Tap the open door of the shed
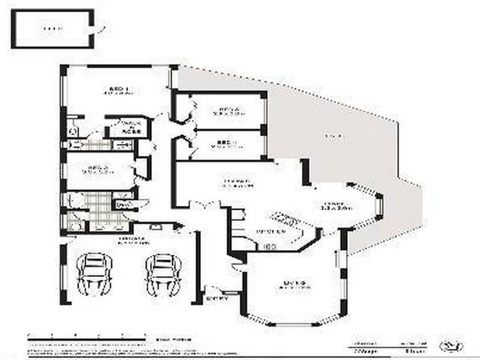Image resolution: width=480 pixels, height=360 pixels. [x=100, y=27]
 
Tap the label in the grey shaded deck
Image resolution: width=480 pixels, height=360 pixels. [x=334, y=137]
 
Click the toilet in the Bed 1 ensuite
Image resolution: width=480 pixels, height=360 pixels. [x=73, y=129]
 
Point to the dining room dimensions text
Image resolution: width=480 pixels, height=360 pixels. [x=336, y=208]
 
